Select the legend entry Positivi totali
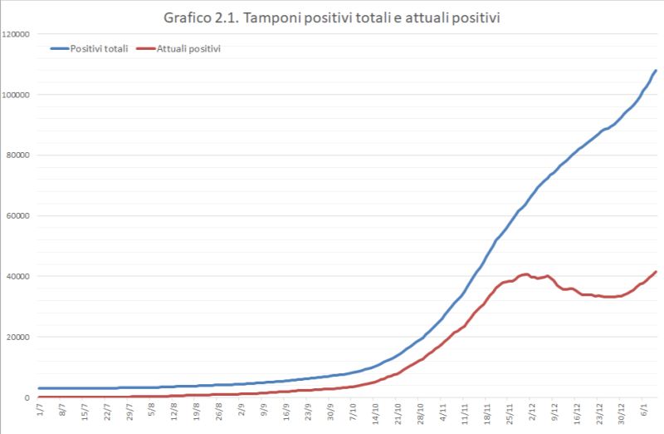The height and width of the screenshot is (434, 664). click(x=99, y=49)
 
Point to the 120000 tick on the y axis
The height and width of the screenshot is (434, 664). click(x=17, y=34)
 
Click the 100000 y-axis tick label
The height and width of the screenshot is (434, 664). click(x=17, y=95)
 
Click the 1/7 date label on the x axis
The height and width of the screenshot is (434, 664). click(x=40, y=411)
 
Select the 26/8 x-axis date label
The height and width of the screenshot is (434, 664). click(x=217, y=413)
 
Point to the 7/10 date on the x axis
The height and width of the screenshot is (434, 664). click(x=351, y=412)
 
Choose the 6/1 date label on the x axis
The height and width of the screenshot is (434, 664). click(x=642, y=411)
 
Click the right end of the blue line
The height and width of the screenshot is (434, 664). click(x=656, y=71)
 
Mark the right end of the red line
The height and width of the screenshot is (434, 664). click(x=656, y=272)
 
